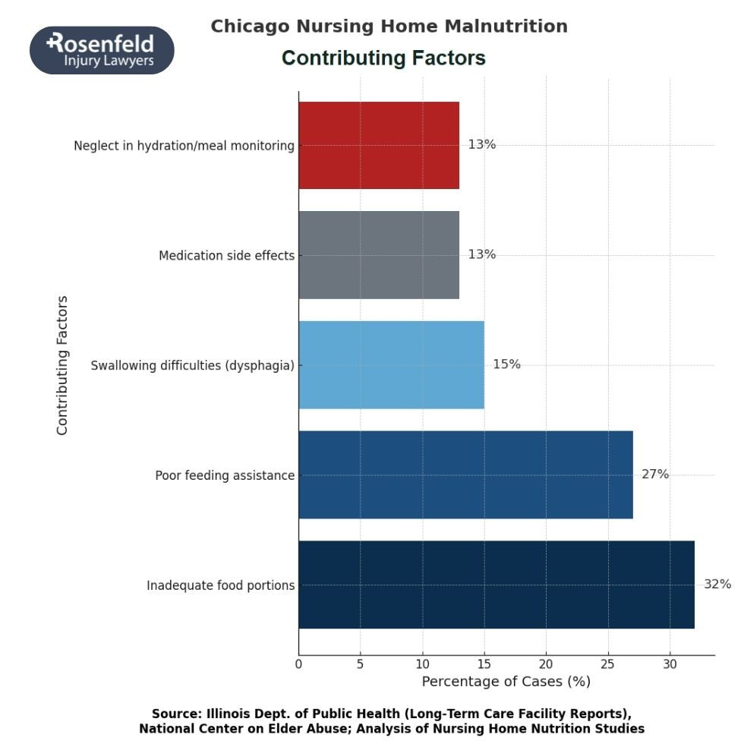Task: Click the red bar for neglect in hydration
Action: pyautogui.click(x=379, y=145)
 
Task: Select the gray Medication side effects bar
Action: pyautogui.click(x=379, y=255)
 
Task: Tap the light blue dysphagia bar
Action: pyautogui.click(x=391, y=365)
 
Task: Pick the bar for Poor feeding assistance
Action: pyautogui.click(x=465, y=475)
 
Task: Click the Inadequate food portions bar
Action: pyautogui.click(x=497, y=585)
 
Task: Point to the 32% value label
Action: pyautogui.click(x=717, y=584)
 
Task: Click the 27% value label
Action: pyautogui.click(x=654, y=474)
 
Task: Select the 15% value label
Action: pyautogui.click(x=506, y=364)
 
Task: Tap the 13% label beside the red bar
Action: pyautogui.click(x=481, y=144)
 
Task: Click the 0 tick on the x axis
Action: pyautogui.click(x=298, y=664)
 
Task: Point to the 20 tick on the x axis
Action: pyautogui.click(x=546, y=664)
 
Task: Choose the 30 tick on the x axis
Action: pyautogui.click(x=670, y=664)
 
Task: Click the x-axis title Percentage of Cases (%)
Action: pyautogui.click(x=506, y=681)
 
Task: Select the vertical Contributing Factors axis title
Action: pyautogui.click(x=62, y=365)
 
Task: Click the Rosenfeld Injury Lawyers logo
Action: pyautogui.click(x=102, y=50)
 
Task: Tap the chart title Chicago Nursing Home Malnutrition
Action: pyautogui.click(x=389, y=27)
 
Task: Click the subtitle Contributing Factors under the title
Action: pyautogui.click(x=383, y=58)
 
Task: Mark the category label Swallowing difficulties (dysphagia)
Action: pyautogui.click(x=192, y=366)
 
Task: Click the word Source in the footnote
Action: pyautogui.click(x=177, y=714)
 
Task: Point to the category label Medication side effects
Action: pyautogui.click(x=226, y=256)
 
